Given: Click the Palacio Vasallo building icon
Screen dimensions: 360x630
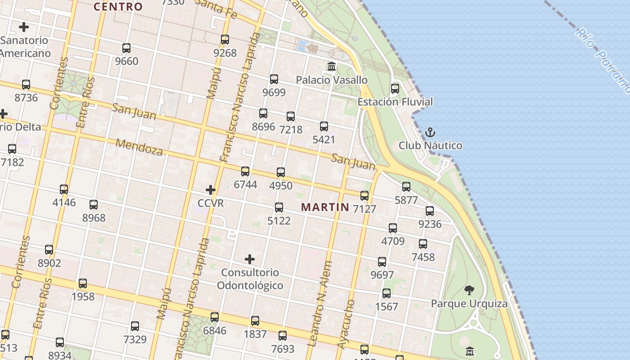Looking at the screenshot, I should pyautogui.click(x=332, y=67).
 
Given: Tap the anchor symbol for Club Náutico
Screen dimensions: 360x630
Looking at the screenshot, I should pyautogui.click(x=430, y=132).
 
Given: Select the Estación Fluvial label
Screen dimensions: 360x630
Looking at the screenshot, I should pyautogui.click(x=395, y=102).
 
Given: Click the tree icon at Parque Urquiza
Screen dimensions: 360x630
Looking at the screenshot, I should pyautogui.click(x=469, y=290).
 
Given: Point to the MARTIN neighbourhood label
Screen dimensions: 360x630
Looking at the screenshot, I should pyautogui.click(x=325, y=207).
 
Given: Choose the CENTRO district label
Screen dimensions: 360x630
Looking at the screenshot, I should pyautogui.click(x=118, y=7).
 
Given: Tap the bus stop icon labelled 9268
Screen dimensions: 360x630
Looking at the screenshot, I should pyautogui.click(x=225, y=40).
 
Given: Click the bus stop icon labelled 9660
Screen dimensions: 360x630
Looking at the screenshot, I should pyautogui.click(x=126, y=48).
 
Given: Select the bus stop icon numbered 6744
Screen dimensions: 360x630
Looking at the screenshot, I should pyautogui.click(x=245, y=171).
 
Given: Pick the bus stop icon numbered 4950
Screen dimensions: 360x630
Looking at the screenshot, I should pyautogui.click(x=281, y=172).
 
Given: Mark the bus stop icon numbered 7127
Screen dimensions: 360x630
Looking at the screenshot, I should pyautogui.click(x=364, y=195).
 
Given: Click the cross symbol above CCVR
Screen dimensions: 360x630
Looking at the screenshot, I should pyautogui.click(x=210, y=189).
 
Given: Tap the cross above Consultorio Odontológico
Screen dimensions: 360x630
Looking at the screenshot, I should pyautogui.click(x=250, y=259).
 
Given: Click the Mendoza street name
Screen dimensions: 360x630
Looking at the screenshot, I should pyautogui.click(x=139, y=147).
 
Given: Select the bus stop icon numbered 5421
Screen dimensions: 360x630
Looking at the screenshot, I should pyautogui.click(x=324, y=126).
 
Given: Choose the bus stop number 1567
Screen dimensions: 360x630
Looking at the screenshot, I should pyautogui.click(x=387, y=306).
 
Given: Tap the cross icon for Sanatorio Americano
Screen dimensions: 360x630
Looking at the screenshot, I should pyautogui.click(x=24, y=27).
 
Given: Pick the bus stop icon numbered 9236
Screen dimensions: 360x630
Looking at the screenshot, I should pyautogui.click(x=430, y=211).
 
